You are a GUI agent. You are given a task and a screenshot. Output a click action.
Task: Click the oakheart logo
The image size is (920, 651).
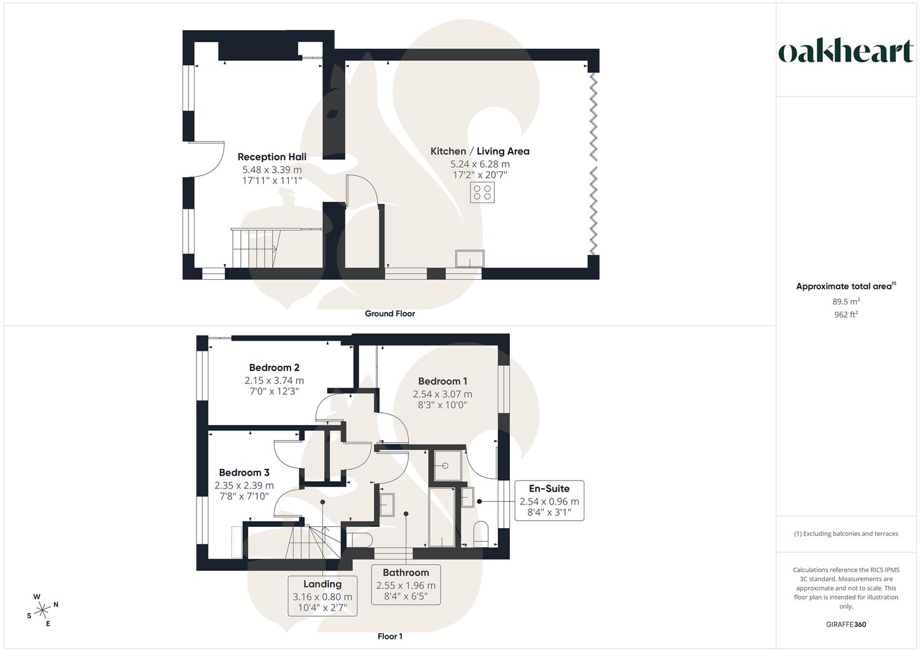[845, 51]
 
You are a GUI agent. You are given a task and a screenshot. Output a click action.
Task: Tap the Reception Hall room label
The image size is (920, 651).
[272, 157]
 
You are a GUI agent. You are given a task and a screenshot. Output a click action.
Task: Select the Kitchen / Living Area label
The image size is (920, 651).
[480, 151]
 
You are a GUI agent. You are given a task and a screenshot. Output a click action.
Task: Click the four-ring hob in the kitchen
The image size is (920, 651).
[482, 193]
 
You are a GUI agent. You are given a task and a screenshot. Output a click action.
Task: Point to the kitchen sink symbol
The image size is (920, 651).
[469, 258]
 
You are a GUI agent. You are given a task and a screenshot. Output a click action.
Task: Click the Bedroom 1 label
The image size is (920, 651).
[442, 381]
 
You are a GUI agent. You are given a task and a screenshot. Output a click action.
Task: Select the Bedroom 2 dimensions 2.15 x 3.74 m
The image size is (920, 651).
[274, 380]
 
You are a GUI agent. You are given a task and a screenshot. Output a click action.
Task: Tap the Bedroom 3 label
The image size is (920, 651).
[244, 473]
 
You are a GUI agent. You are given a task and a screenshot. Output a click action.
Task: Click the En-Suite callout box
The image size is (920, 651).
[549, 500]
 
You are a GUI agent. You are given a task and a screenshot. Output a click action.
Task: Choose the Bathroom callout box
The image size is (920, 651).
[405, 585]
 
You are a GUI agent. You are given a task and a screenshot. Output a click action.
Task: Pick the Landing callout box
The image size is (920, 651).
[322, 596]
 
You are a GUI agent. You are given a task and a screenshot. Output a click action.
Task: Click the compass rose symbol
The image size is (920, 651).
[42, 610]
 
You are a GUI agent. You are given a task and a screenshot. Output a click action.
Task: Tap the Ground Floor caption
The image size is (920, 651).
[390, 313]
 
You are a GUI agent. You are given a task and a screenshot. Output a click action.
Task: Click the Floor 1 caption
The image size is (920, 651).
[390, 637]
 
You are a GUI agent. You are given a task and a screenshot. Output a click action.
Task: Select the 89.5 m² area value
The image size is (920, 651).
[846, 301]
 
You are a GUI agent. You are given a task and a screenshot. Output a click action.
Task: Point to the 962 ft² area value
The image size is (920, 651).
[846, 315]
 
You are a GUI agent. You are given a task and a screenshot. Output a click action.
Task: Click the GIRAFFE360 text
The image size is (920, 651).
[846, 624]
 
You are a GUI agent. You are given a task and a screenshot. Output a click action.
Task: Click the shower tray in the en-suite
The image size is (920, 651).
[447, 465]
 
